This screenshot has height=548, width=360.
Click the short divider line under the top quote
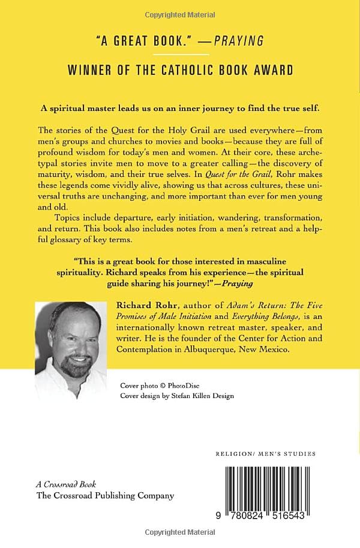(180, 55)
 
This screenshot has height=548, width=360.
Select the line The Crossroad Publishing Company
(105, 496)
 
